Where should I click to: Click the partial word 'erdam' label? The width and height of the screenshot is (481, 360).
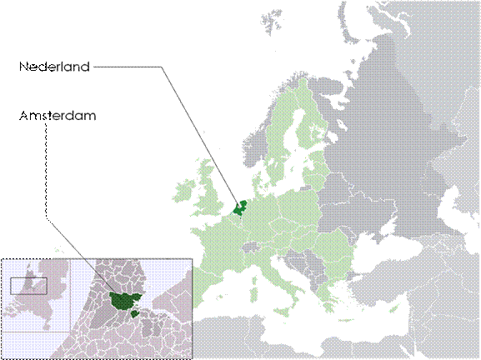[73, 116]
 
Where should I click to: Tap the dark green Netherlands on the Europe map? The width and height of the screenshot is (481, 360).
[241, 207]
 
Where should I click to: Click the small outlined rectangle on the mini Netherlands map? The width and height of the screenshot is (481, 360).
[28, 284]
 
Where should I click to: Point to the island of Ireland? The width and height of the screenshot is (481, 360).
[182, 197]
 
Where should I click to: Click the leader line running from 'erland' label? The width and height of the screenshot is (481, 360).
[167, 83]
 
